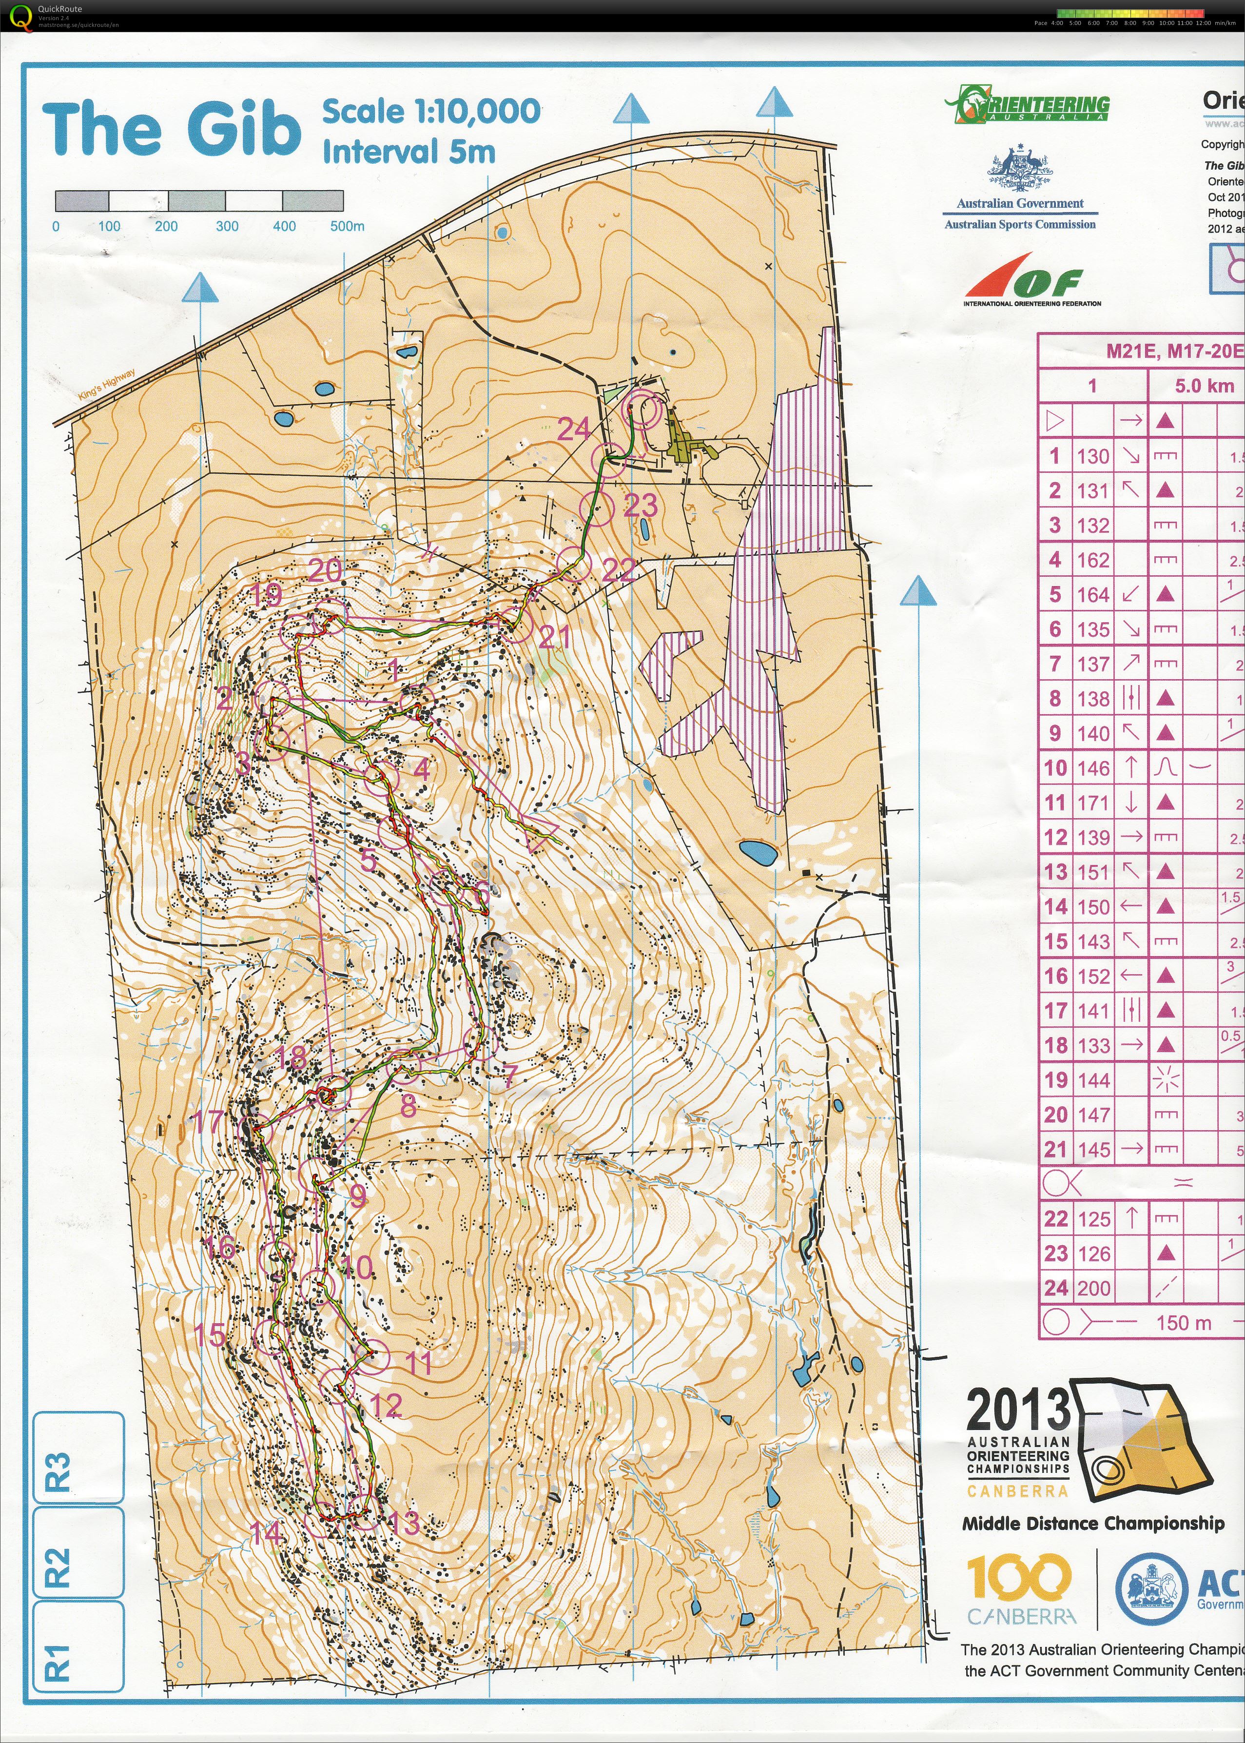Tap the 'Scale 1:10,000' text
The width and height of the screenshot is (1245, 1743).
point(431,111)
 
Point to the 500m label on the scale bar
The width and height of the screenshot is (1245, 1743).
point(347,226)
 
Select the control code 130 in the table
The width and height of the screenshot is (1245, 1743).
point(1092,456)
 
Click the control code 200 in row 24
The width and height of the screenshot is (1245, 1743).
point(1092,1288)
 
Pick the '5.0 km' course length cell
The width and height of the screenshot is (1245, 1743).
point(1204,386)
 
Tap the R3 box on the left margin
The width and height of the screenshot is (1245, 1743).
point(78,1456)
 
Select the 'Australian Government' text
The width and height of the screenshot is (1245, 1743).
point(1020,203)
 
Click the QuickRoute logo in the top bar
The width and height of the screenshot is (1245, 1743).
point(17,15)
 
